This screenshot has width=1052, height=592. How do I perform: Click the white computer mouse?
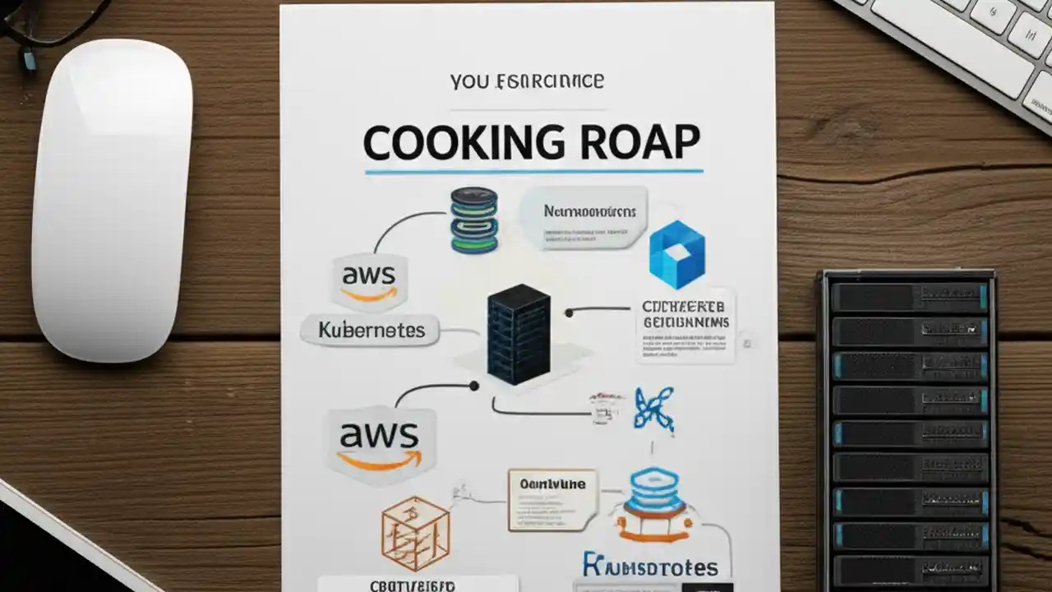tap(112, 197)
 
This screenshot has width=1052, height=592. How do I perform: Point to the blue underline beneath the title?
tap(533, 172)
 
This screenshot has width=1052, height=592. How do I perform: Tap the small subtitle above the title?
tap(527, 81)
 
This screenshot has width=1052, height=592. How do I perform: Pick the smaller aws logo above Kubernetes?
tap(368, 280)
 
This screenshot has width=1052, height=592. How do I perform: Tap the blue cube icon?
tap(676, 254)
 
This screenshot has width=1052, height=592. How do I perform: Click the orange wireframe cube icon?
tap(415, 533)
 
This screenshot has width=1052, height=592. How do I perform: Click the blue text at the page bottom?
tap(650, 567)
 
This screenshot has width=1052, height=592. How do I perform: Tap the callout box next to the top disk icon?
tap(584, 217)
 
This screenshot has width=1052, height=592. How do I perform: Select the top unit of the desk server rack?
tap(908, 297)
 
